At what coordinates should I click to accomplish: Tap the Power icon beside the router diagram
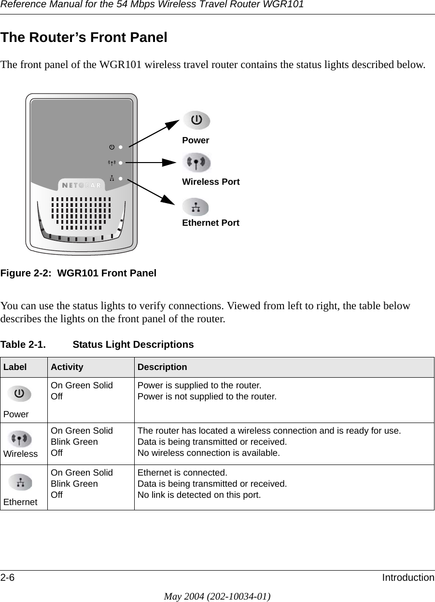(x=196, y=120)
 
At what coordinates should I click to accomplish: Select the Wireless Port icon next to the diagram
(x=196, y=163)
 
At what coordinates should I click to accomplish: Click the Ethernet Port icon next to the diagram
(x=196, y=207)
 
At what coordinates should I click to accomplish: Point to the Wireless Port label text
(x=210, y=182)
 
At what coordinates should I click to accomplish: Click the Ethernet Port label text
(x=210, y=223)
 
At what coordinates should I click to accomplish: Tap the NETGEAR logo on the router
(x=82, y=185)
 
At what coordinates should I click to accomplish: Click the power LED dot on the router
(x=121, y=146)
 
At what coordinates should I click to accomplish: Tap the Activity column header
(x=67, y=367)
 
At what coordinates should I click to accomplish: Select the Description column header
(x=162, y=367)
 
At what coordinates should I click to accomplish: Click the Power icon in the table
(x=19, y=394)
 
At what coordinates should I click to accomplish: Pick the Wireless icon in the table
(x=20, y=439)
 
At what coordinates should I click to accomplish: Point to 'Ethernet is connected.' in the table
(x=182, y=472)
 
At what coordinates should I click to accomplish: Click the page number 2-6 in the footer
(x=8, y=577)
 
